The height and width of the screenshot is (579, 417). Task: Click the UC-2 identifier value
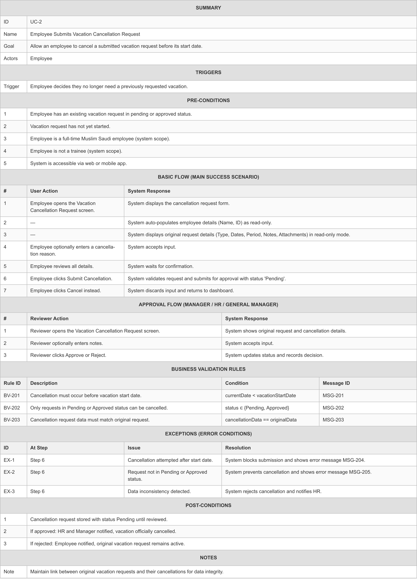click(x=36, y=22)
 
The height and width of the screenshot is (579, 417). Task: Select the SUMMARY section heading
click(x=208, y=8)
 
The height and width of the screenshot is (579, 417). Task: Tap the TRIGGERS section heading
click(x=208, y=73)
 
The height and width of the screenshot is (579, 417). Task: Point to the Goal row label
click(x=9, y=46)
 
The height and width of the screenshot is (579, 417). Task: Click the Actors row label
click(x=11, y=58)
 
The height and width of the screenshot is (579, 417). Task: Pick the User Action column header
click(x=44, y=191)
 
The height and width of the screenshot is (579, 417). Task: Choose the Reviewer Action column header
click(x=49, y=319)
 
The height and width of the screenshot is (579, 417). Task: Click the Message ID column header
click(x=336, y=383)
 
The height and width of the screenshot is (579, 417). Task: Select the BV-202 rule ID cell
click(x=12, y=408)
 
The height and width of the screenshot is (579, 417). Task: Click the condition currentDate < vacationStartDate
click(x=260, y=395)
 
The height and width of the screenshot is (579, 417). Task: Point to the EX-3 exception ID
click(x=9, y=491)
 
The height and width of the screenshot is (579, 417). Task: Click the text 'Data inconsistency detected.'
click(x=159, y=491)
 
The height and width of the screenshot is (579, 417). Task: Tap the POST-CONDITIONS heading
click(x=208, y=505)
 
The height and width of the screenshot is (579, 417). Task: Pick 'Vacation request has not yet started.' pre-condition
click(x=70, y=126)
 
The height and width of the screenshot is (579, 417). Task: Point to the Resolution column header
click(x=238, y=448)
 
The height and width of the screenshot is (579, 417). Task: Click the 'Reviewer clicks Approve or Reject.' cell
click(x=68, y=355)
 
